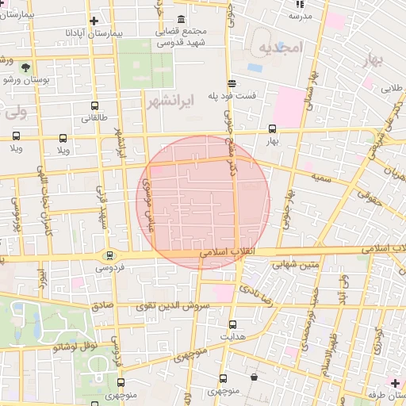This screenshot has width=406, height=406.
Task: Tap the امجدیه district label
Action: pyautogui.click(x=280, y=48)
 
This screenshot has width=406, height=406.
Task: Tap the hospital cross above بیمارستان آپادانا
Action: pyautogui.click(x=94, y=21)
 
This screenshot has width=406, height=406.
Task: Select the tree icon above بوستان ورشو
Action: pyautogui.click(x=27, y=67)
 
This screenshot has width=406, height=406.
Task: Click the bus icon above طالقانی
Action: pyautogui.click(x=95, y=106)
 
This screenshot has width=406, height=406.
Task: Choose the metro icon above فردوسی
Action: pyautogui.click(x=109, y=255)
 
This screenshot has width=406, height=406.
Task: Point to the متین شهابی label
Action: pyautogui.click(x=295, y=265)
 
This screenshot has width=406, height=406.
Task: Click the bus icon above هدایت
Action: pyautogui.click(x=232, y=324)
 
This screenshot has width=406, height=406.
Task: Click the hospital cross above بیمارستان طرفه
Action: pyautogui.click(x=395, y=383)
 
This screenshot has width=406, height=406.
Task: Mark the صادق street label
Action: pyautogui.click(x=102, y=304)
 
